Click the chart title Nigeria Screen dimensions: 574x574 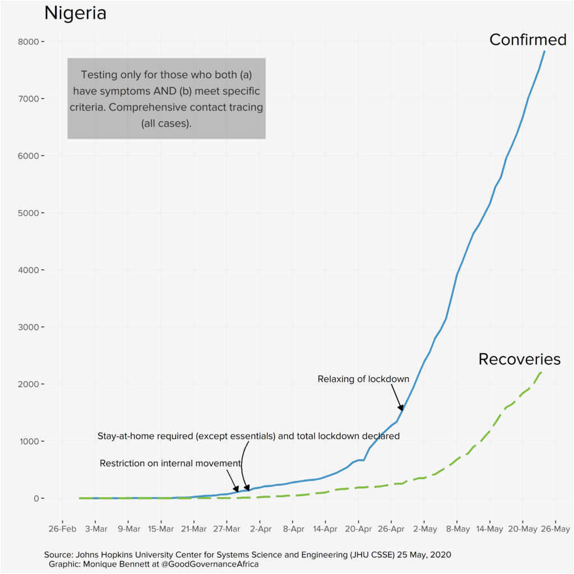pyautogui.click(x=75, y=13)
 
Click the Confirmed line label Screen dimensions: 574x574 pyautogui.click(x=527, y=40)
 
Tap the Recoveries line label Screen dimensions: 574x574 pyautogui.click(x=519, y=359)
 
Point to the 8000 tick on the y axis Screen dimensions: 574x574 pyautogui.click(x=27, y=42)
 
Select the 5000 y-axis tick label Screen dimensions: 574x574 pyautogui.click(x=27, y=213)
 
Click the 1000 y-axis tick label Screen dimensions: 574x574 pyautogui.click(x=27, y=442)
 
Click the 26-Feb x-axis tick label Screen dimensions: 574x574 pyautogui.click(x=62, y=529)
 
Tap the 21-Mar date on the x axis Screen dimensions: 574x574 pyautogui.click(x=194, y=529)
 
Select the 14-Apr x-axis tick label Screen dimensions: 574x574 pyautogui.click(x=326, y=529)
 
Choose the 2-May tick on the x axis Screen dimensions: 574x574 pyautogui.click(x=424, y=529)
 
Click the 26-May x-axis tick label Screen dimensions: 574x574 pyautogui.click(x=556, y=529)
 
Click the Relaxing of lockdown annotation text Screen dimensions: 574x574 pyautogui.click(x=363, y=379)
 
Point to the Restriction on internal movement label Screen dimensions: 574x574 pyautogui.click(x=170, y=463)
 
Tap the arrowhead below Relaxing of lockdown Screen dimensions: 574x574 pyautogui.click(x=401, y=408)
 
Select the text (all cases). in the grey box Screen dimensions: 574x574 pyautogui.click(x=166, y=123)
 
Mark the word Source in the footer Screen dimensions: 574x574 pyautogui.click(x=58, y=554)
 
